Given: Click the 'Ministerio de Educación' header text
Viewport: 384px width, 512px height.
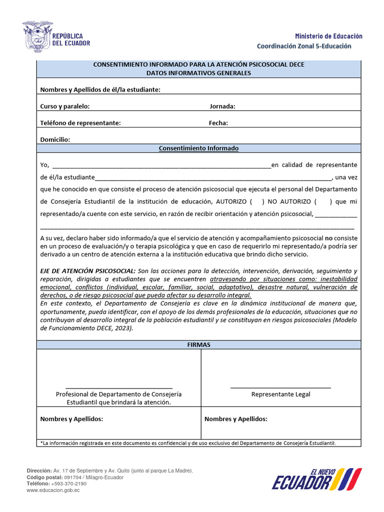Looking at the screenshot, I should [x=328, y=36].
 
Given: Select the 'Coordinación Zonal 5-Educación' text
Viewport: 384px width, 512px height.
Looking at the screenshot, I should [x=304, y=46].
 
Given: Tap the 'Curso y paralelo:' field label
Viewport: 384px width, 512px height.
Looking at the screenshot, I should [x=65, y=106].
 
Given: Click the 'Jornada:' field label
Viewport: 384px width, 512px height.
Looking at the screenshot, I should [x=222, y=106].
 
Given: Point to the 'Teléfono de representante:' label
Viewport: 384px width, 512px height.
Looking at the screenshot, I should [x=80, y=123].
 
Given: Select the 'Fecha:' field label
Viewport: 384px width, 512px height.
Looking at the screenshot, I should [x=218, y=123].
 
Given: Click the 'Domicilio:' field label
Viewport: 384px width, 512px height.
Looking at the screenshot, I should [x=55, y=139].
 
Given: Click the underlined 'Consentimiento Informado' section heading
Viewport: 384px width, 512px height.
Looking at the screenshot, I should [x=198, y=148].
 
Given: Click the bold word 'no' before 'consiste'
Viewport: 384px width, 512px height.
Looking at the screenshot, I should [x=329, y=238].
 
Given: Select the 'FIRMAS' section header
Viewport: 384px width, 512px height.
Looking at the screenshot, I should [x=198, y=344].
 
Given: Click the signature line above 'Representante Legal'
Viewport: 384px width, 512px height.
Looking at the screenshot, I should [x=280, y=387].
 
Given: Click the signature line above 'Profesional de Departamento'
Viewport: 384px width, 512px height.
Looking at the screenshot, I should [x=119, y=387].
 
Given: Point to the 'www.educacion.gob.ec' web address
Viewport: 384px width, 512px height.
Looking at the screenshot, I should [x=53, y=490].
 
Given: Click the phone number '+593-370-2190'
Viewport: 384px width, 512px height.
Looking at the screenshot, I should [x=68, y=484].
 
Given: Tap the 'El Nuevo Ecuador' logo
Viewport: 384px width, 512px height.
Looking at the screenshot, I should [x=316, y=479].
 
